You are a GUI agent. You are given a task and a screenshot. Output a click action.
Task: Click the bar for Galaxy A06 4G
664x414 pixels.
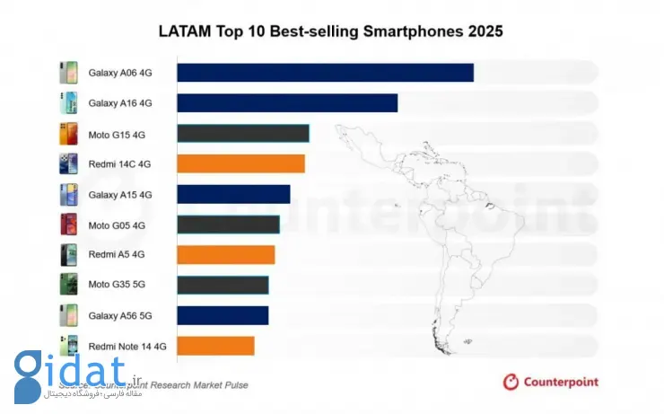325,73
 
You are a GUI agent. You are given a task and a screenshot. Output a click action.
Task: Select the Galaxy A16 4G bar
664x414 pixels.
287,103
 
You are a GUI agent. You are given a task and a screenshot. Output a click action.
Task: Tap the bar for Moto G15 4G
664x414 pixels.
243,134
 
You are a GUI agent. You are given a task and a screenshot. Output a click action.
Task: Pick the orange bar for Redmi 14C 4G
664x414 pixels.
240,163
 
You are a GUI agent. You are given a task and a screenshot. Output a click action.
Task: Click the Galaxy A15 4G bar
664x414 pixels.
233,194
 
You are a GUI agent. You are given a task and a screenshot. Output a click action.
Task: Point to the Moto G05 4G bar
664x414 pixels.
228,225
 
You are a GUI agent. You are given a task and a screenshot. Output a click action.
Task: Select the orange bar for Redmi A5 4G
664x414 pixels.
225,255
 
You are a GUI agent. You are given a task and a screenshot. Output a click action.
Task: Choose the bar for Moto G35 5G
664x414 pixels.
223,286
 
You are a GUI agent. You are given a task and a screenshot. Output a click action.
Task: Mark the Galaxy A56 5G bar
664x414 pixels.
223,315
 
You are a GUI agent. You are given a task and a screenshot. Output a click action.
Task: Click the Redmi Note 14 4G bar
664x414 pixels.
215,346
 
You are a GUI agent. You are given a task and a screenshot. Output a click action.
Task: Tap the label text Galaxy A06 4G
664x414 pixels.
120,74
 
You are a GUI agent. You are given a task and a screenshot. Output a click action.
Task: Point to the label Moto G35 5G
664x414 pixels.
117,286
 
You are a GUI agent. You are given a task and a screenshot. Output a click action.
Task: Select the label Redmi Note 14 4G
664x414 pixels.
127,346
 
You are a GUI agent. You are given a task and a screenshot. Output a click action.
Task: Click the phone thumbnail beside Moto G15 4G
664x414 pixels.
68,134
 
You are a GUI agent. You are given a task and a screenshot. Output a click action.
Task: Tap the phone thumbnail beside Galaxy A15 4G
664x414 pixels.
68,194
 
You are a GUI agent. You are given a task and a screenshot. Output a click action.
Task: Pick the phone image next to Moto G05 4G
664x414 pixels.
68,225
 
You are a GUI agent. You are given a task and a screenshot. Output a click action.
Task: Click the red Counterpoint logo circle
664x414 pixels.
511,383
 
